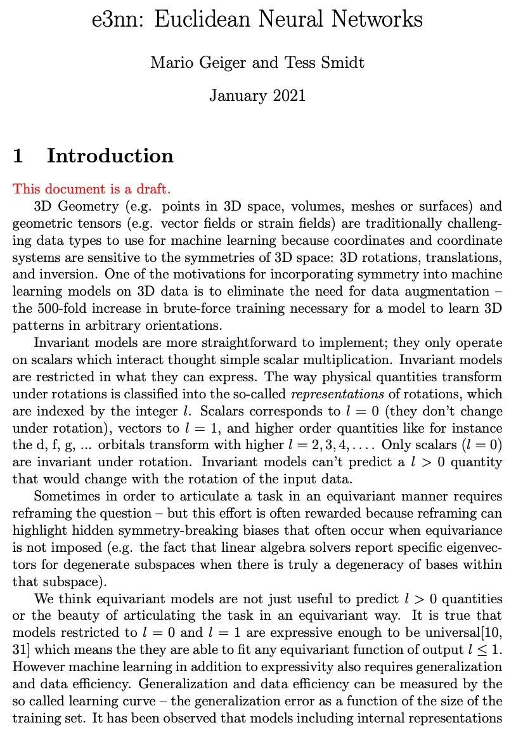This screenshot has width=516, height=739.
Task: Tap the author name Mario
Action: pyautogui.click(x=170, y=63)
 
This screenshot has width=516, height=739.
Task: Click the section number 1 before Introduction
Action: pyautogui.click(x=19, y=156)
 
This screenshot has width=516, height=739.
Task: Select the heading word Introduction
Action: pyautogui.click(x=110, y=156)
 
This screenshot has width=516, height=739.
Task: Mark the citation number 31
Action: pyautogui.click(x=20, y=650)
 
